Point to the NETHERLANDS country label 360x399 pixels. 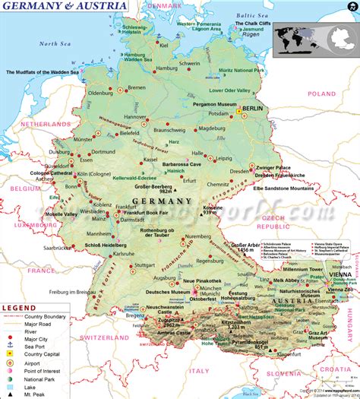[x=45, y=123]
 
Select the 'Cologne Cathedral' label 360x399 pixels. [x=50, y=173]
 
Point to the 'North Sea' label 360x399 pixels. [x=55, y=44]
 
